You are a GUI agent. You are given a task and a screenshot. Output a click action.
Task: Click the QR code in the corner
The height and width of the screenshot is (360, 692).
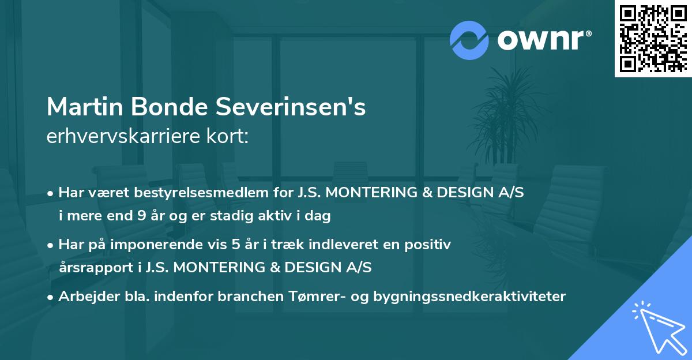click(653, 38)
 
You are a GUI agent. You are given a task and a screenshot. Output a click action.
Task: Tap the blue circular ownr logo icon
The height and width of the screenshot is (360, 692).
click(469, 40)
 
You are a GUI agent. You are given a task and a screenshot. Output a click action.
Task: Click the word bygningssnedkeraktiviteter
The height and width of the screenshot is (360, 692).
click(470, 297)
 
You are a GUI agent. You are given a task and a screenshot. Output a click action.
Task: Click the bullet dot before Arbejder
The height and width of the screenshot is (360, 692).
click(51, 297)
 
